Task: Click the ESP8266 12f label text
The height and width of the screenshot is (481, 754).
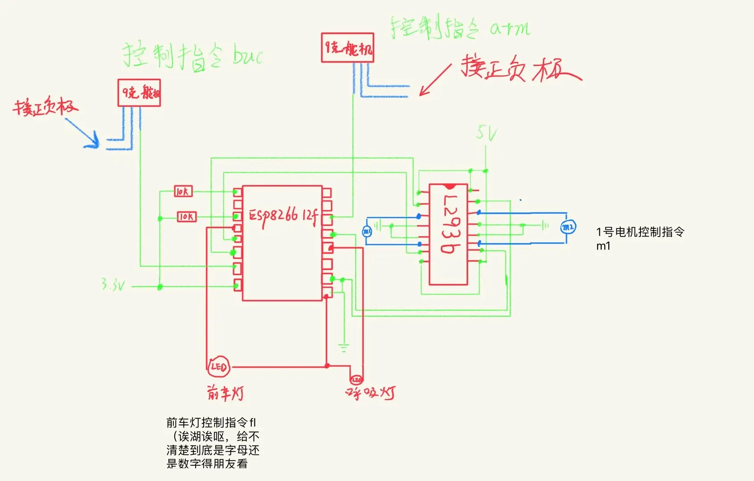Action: point(283,216)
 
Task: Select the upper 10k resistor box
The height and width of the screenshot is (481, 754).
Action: point(183,192)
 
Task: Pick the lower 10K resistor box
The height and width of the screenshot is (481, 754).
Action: point(187,217)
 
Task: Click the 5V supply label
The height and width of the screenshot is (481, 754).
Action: point(486,133)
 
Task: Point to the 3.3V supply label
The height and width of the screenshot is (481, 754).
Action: point(112,285)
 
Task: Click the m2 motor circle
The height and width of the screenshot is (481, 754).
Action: point(568,228)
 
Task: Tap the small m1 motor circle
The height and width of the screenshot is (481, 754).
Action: point(366,231)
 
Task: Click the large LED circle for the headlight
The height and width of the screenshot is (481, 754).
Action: point(219,367)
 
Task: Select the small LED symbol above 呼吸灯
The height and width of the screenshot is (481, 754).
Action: point(357,379)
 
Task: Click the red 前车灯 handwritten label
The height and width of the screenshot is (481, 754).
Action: point(225,393)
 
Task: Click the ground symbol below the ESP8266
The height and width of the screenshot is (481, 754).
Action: point(343,348)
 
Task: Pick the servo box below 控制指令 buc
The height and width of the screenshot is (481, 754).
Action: point(139,93)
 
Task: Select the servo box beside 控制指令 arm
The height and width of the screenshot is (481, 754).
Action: point(347,48)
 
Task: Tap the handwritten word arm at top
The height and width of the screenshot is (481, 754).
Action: point(510,29)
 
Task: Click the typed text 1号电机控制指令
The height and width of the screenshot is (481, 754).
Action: point(640,232)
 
